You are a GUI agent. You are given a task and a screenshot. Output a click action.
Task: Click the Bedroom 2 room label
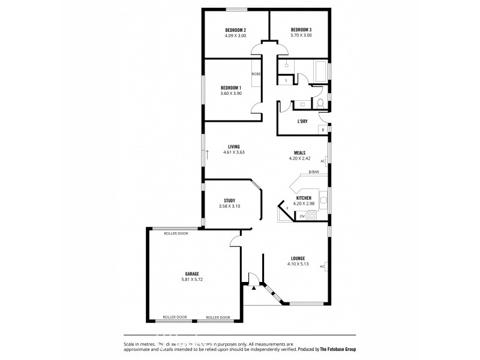point(236,30)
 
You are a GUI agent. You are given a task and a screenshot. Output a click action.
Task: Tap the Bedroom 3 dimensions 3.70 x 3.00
point(301,36)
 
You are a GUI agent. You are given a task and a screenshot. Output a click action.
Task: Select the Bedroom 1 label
point(231,88)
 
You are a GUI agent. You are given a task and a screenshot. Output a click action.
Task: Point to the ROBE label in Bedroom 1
point(256,74)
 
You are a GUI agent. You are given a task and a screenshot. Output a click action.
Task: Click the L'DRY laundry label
point(302,121)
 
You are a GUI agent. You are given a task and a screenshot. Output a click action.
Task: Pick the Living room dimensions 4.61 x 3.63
point(234,152)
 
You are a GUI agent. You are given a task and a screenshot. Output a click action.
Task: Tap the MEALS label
point(300,152)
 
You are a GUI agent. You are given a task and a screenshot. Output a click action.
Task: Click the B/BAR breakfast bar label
point(313,173)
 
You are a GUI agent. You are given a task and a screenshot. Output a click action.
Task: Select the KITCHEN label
point(303,198)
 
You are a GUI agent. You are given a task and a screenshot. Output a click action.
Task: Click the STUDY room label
point(229,200)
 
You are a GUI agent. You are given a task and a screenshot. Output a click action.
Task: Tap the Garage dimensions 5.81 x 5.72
point(191,280)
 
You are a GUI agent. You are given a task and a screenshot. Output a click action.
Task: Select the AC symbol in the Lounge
point(323,266)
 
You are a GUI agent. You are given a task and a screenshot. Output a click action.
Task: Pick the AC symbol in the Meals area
point(323,161)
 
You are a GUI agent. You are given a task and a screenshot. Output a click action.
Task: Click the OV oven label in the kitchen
point(302,217)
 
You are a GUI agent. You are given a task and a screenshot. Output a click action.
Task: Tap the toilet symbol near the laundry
point(321,104)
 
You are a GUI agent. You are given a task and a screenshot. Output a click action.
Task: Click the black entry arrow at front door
point(254,287)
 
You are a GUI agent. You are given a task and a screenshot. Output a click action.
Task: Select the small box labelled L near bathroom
point(287,80)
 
